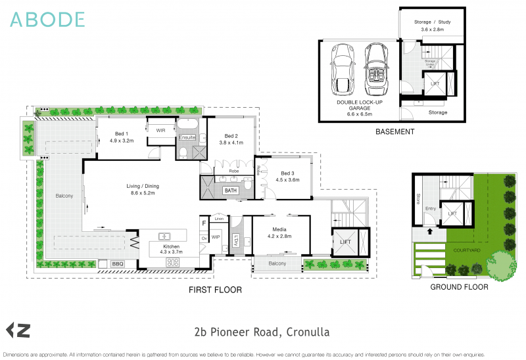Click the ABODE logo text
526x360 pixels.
pyautogui.click(x=47, y=20)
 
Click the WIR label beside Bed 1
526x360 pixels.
pyautogui.click(x=160, y=131)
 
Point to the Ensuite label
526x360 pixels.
pyautogui.click(x=187, y=137)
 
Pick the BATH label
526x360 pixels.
pyautogui.click(x=230, y=191)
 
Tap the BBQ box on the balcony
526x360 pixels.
pyautogui.click(x=118, y=264)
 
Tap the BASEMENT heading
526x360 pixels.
pyautogui.click(x=394, y=131)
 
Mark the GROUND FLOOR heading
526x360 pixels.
pyautogui.click(x=458, y=287)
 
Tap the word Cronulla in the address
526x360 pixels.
pyautogui.click(x=308, y=332)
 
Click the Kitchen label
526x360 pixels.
pyautogui.click(x=170, y=248)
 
